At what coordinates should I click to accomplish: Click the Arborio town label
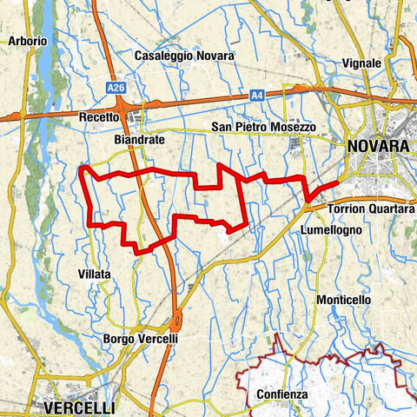click(x=27, y=41)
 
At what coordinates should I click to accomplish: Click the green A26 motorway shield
click(x=116, y=89)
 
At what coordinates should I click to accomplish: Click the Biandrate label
click(x=139, y=139)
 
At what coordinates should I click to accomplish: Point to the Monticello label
click(x=344, y=299)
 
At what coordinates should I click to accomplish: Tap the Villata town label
click(x=94, y=274)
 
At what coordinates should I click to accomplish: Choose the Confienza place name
click(x=281, y=394)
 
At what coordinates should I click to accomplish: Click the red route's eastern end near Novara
click(x=340, y=184)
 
